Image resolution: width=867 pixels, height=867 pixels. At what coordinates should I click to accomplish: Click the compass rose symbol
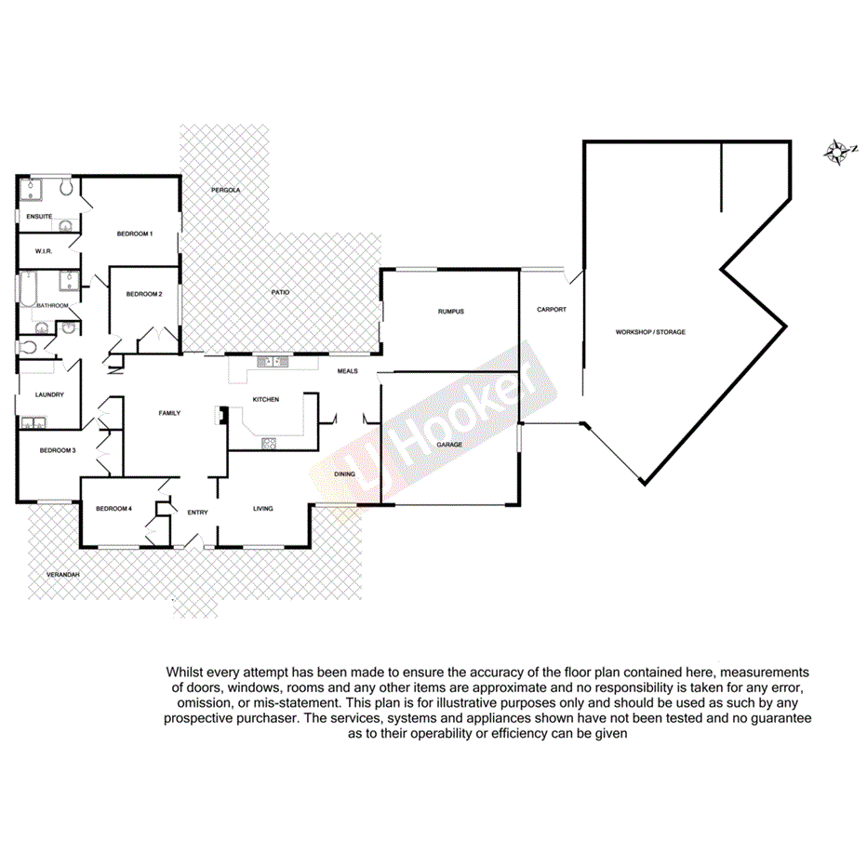pos(840,153)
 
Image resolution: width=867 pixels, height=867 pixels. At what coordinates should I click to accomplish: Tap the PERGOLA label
pos(225,190)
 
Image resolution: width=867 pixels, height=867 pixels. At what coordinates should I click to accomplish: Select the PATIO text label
pos(280,293)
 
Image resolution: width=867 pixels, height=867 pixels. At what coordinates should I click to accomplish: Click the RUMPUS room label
pos(450,312)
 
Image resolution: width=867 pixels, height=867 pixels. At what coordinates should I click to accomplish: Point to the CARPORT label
pos(552,310)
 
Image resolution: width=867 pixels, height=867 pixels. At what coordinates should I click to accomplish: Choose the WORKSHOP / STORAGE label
pos(650,332)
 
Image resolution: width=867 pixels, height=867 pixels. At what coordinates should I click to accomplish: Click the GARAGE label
pos(449,445)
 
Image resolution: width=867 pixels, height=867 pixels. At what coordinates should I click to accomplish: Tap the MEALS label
pos(348,370)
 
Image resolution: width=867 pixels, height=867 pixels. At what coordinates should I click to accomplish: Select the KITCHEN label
pos(266,399)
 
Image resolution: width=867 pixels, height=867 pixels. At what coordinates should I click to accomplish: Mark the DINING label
pos(344,474)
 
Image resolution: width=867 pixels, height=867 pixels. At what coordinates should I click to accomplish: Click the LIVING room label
pos(263,509)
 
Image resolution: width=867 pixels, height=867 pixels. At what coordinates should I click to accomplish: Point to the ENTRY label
pos(197,513)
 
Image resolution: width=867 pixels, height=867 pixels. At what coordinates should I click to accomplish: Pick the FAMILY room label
pos(169,413)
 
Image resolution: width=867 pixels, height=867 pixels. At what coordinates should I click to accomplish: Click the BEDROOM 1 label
pos(134,233)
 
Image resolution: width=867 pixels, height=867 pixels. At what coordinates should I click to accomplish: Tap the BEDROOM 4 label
pos(113,508)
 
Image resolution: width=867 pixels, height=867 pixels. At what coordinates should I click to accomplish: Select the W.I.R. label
pos(43,251)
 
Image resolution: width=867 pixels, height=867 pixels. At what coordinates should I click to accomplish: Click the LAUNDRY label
pos(49,394)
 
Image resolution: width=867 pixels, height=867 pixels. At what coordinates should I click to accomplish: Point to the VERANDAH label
pos(63,576)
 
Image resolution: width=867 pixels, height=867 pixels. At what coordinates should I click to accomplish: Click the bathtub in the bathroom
pos(26,288)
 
